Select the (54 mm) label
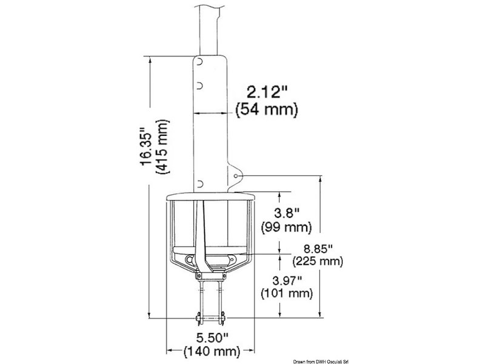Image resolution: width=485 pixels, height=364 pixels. click(x=266, y=110)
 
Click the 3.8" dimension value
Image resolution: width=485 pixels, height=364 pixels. click(x=286, y=214)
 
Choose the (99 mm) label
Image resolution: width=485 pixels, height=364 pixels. click(x=286, y=227)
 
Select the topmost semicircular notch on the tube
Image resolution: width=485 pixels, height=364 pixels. click(x=199, y=63)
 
